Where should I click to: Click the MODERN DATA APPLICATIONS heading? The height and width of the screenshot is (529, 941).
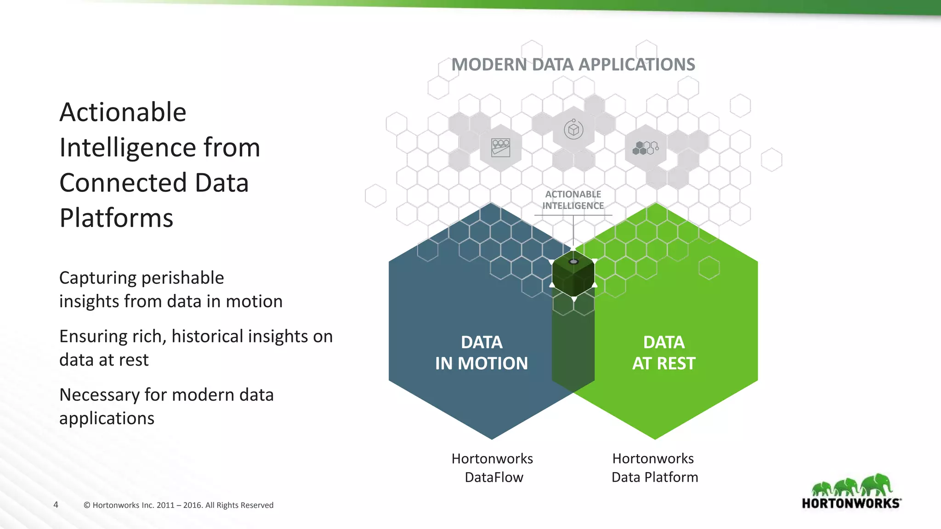pyautogui.click(x=573, y=65)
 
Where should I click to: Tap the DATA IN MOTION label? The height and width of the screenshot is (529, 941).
pyautogui.click(x=482, y=353)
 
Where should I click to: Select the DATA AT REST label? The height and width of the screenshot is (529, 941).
pyautogui.click(x=663, y=353)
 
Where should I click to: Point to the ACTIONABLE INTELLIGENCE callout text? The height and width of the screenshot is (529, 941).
pyautogui.click(x=573, y=200)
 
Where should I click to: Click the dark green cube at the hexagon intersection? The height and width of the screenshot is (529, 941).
pyautogui.click(x=573, y=274)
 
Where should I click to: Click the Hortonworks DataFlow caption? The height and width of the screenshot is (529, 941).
pyautogui.click(x=493, y=467)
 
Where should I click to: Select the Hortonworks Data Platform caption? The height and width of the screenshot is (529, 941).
pyautogui.click(x=654, y=467)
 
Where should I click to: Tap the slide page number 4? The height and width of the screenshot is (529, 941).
pyautogui.click(x=56, y=505)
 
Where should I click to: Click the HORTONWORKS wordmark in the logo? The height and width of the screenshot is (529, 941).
pyautogui.click(x=851, y=503)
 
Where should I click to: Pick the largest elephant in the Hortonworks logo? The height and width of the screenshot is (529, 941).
pyautogui.click(x=877, y=485)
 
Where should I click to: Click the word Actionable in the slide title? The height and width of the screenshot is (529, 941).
pyautogui.click(x=123, y=112)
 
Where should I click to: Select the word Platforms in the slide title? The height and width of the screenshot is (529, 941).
pyautogui.click(x=116, y=218)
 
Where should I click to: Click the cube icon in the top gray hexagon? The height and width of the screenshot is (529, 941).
pyautogui.click(x=573, y=130)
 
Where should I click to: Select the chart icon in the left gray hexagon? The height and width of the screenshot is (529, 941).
pyautogui.click(x=500, y=148)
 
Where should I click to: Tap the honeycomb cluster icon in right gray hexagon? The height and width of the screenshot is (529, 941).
pyautogui.click(x=646, y=148)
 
